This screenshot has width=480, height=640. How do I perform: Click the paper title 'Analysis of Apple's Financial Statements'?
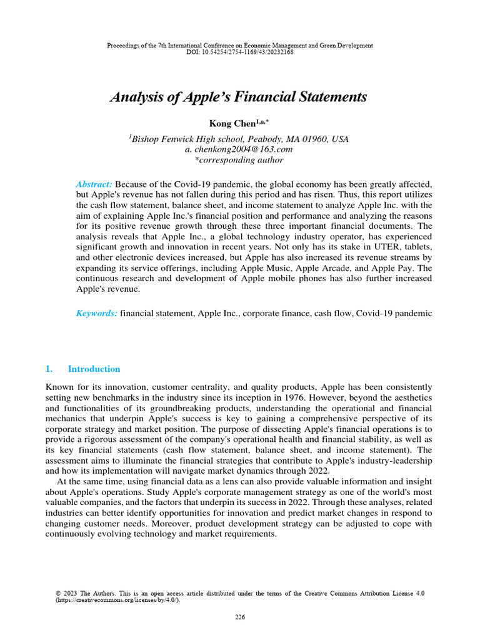[x=239, y=97]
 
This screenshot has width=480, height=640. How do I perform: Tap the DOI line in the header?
[x=240, y=52]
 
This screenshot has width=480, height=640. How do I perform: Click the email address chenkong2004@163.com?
[x=243, y=149]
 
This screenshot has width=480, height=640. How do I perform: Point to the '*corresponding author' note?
[x=239, y=160]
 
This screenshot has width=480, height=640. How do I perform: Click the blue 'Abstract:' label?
[x=94, y=184]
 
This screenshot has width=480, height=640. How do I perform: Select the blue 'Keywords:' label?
[x=96, y=313]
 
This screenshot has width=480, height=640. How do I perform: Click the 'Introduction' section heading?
[x=94, y=369]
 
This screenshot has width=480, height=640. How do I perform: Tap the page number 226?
[x=240, y=617]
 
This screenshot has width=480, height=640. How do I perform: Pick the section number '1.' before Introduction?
[x=50, y=369]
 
